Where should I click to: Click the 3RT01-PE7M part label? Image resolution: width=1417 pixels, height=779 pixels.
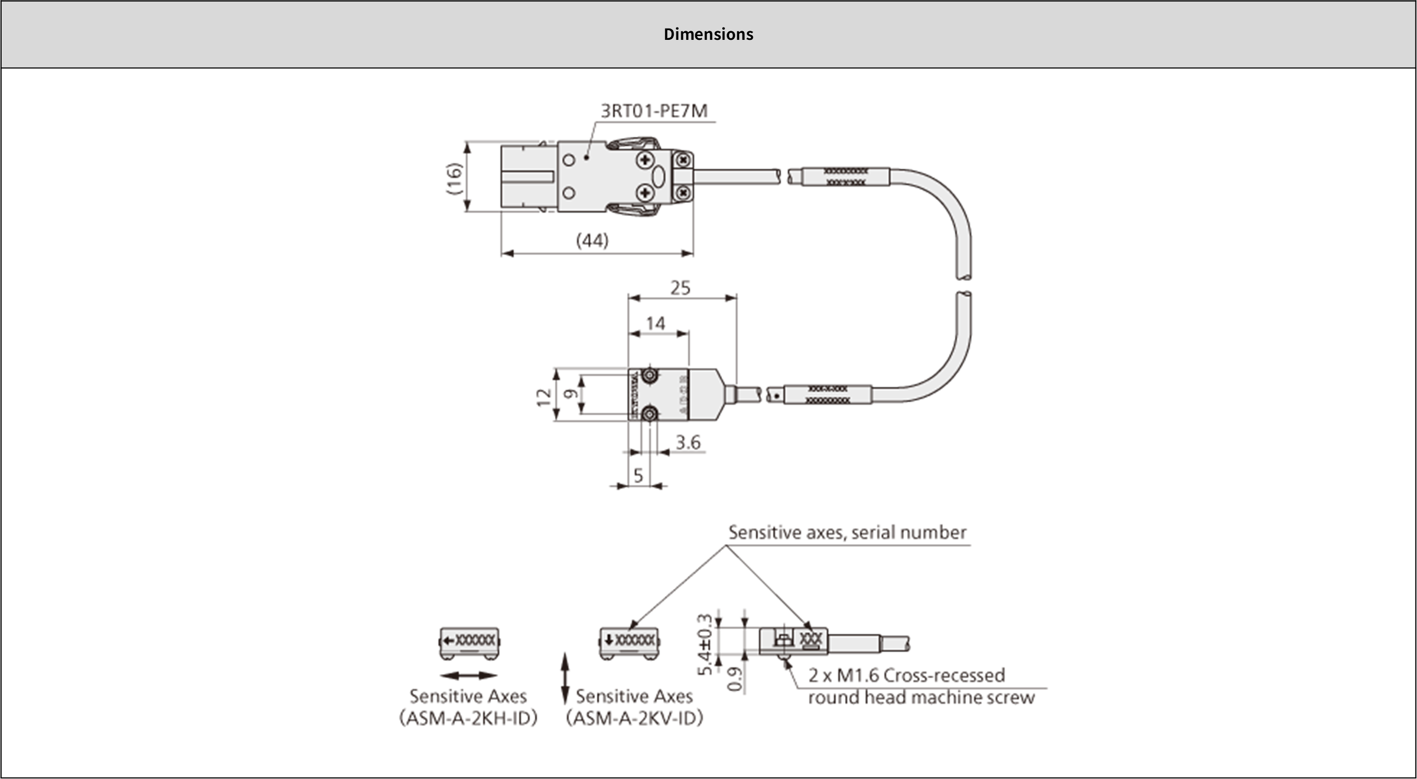pyautogui.click(x=654, y=112)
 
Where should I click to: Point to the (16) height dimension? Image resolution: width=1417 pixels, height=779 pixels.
pyautogui.click(x=455, y=178)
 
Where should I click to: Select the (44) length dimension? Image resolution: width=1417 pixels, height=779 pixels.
pyautogui.click(x=592, y=240)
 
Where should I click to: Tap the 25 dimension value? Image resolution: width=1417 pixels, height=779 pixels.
pyautogui.click(x=680, y=288)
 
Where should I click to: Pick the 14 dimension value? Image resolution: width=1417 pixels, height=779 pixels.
pyautogui.click(x=655, y=323)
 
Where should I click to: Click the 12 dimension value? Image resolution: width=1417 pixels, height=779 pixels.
pyautogui.click(x=544, y=397)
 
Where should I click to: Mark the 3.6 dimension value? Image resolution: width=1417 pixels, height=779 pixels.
pyautogui.click(x=688, y=442)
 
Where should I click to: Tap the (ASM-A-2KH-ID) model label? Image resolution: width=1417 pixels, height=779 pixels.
pyautogui.click(x=468, y=719)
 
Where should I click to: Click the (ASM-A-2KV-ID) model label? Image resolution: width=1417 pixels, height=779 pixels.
pyautogui.click(x=635, y=719)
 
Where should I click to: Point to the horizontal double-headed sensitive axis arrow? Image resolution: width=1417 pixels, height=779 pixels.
pyautogui.click(x=469, y=676)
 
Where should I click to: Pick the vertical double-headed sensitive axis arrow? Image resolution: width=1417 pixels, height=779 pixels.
pyautogui.click(x=564, y=678)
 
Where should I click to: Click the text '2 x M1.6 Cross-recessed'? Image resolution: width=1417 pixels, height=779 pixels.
pyautogui.click(x=906, y=675)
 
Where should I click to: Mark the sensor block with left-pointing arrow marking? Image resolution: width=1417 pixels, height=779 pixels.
pyautogui.click(x=469, y=643)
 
